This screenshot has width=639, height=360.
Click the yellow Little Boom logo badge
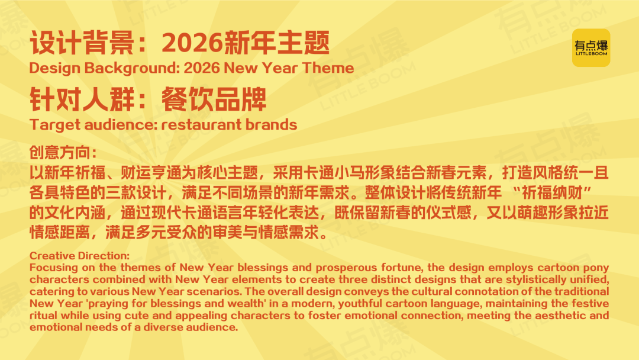coord(591,48)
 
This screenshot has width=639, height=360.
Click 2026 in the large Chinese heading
coord(192,43)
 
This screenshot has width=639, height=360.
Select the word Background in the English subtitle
coord(131,68)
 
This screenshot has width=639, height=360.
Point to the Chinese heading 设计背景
coord(81,43)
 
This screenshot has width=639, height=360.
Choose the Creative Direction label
coord(79,256)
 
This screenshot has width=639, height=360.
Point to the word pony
coord(596,268)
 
